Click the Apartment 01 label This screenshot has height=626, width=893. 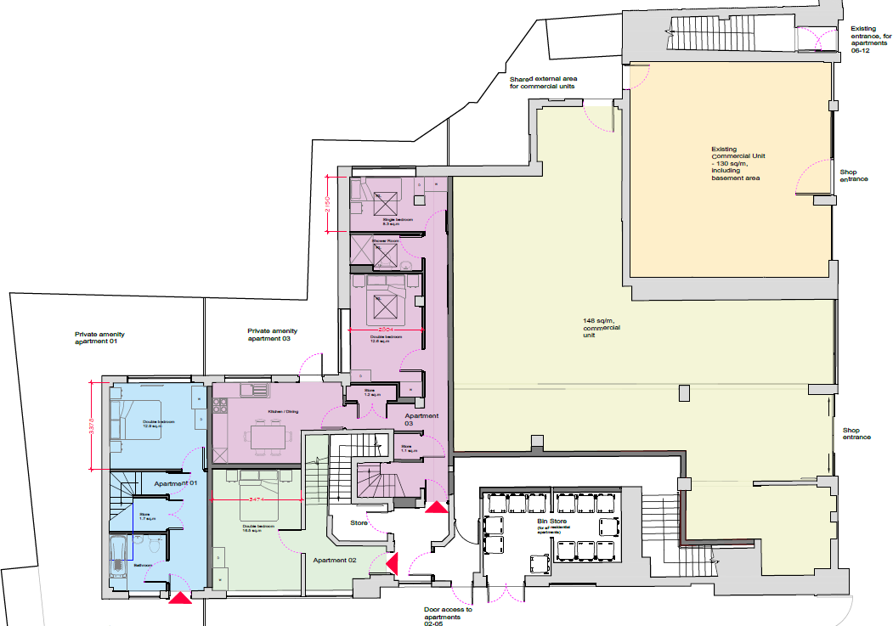(176, 482)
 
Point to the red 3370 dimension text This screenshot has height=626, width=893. (92, 426)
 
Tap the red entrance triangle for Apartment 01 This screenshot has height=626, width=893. (181, 599)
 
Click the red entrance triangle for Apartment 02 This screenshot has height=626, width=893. (392, 564)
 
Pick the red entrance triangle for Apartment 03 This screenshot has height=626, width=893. (437, 508)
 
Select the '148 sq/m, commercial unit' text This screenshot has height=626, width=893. (600, 327)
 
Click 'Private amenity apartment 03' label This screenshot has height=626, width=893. (273, 334)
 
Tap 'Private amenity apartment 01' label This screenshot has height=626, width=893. (100, 336)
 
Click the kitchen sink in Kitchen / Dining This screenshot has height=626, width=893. (254, 391)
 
